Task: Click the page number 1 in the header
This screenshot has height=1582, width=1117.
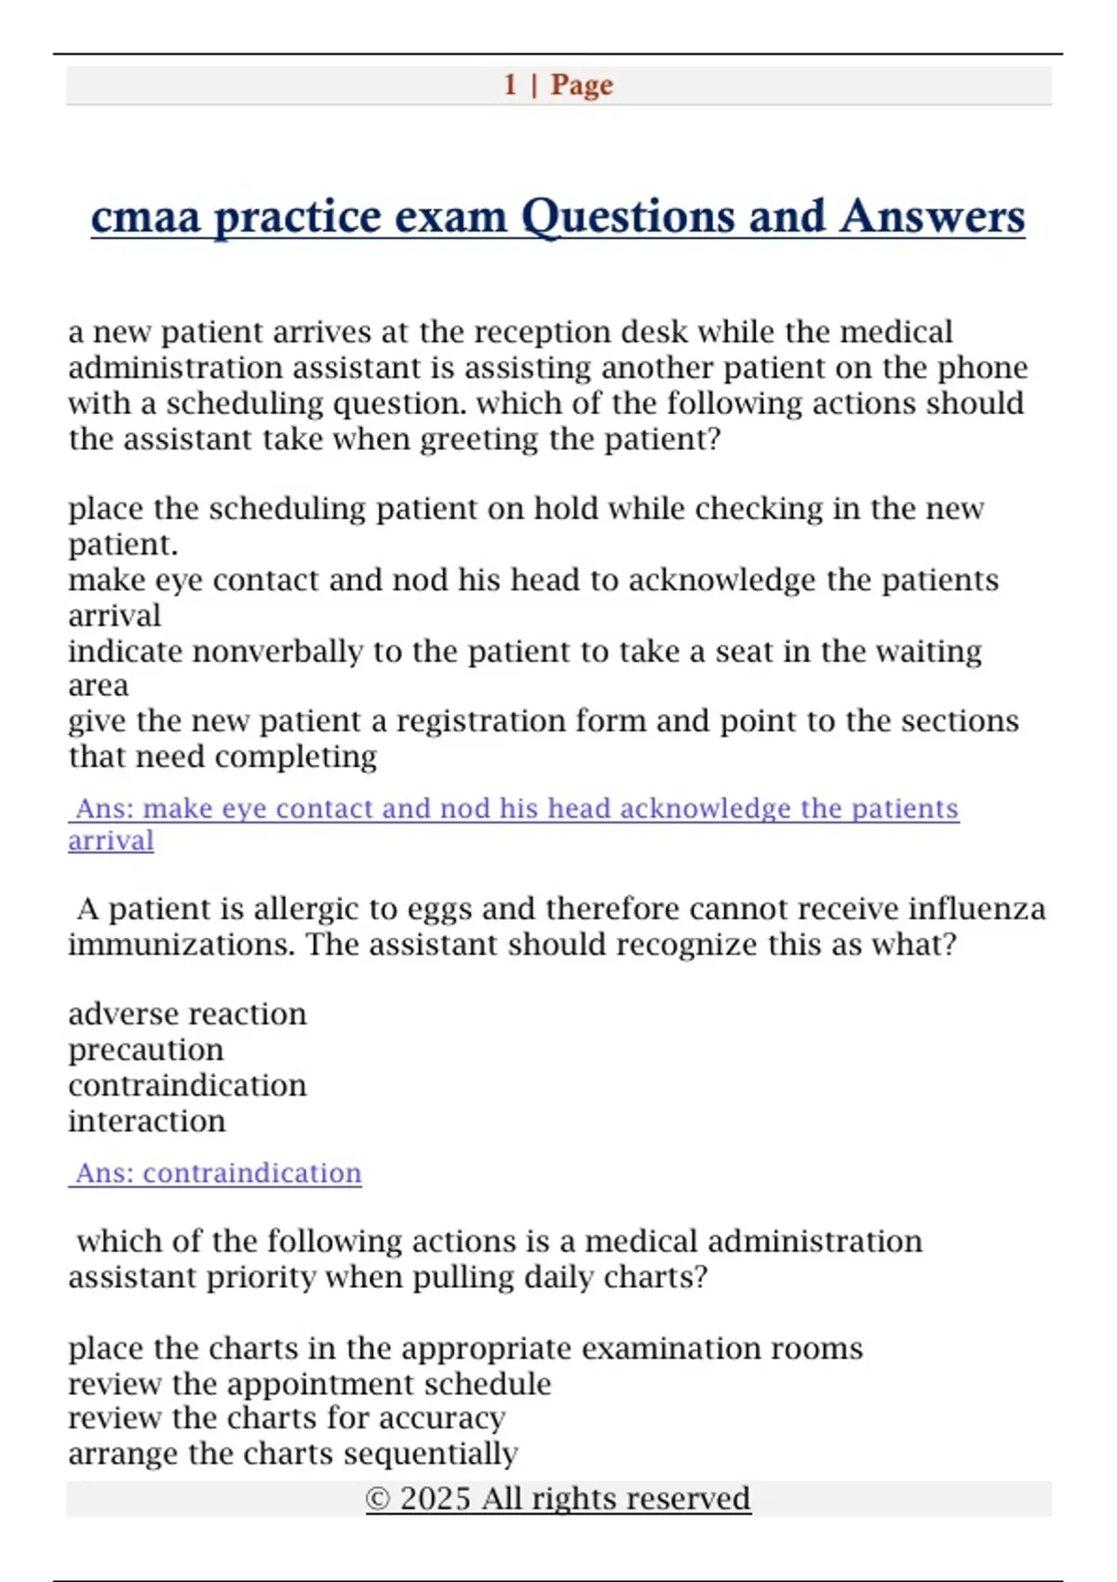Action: point(510,85)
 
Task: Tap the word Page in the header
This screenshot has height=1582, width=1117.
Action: point(582,85)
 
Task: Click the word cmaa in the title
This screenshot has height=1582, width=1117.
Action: point(146,217)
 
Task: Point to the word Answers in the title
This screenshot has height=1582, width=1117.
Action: point(932,217)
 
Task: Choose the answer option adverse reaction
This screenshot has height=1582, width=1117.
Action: point(187,1013)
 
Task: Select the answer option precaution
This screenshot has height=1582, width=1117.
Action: point(146,1050)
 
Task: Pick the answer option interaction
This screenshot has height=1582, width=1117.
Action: point(147,1121)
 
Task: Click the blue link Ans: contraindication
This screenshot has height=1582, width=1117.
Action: point(218,1173)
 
